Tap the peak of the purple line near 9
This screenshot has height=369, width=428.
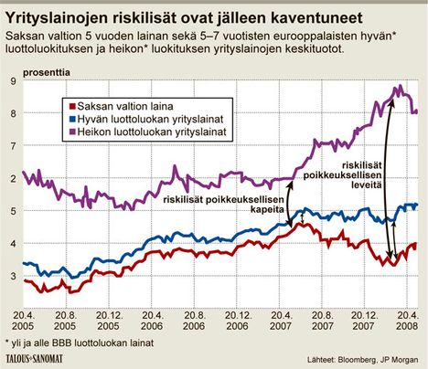399,87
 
